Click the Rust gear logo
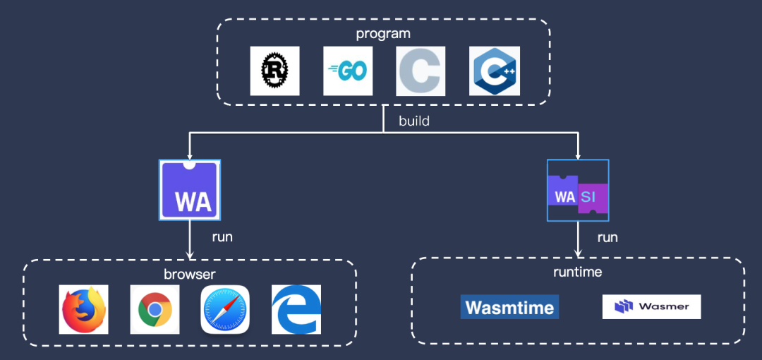pos(274,71)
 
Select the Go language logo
pos(348,71)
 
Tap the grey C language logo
pos(421,71)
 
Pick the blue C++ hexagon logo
pos(495,71)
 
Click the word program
pos(383,33)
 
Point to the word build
pos(414,121)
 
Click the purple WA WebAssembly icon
pos(190,189)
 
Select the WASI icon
pos(577,191)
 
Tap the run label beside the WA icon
pos(222,236)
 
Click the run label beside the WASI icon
pos(607,236)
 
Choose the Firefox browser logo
pos(83,309)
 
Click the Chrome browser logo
pos(155,309)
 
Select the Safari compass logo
pos(225,309)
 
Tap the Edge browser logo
pos(296,309)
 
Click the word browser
pos(190,274)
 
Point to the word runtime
pos(578,271)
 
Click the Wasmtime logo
pos(509,307)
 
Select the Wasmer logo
pos(651,307)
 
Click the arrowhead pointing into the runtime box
pos(578,253)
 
